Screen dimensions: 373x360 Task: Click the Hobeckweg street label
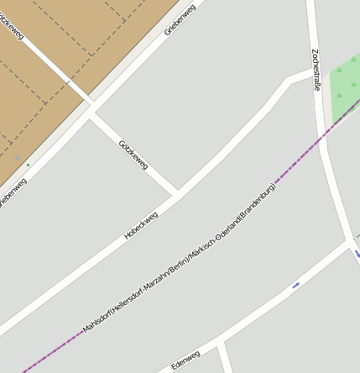tap(141, 225)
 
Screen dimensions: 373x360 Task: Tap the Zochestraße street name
tap(316, 69)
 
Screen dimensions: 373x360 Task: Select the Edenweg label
tap(186, 360)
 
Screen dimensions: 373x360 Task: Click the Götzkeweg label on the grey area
tap(133, 155)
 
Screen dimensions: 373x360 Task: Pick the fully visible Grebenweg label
tap(180, 18)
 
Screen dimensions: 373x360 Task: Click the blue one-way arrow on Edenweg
tap(296, 286)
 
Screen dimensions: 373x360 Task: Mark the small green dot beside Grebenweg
tap(28, 165)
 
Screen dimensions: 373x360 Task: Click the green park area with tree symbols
tap(346, 88)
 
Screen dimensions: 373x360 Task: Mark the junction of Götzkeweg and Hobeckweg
tap(176, 193)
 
